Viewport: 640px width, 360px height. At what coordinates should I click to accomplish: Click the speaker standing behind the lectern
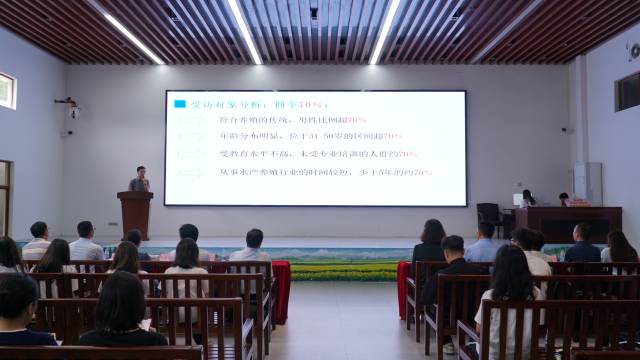coord(140,179)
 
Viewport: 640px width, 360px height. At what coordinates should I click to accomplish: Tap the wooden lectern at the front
coord(135,214)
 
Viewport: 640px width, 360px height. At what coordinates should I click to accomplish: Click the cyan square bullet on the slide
coord(179,103)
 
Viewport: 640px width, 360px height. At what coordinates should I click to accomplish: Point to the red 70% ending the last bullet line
coord(422,172)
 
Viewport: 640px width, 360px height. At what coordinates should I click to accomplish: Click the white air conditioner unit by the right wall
coord(587,184)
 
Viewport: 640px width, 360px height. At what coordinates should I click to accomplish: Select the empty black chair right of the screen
coord(489,218)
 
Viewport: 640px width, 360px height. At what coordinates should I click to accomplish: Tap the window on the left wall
coord(7,91)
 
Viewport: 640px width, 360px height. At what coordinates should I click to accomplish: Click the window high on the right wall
coord(627,91)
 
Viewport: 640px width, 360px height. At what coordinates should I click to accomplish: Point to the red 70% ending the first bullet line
coord(356,120)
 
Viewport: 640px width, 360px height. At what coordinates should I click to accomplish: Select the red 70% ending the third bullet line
coord(407,154)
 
